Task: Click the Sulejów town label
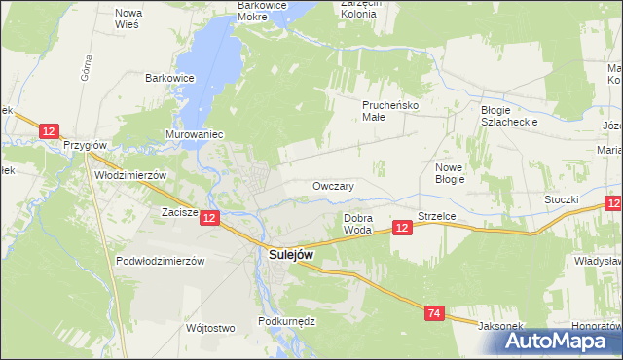point(291,255)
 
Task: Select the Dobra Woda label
point(358,224)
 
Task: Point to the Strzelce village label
point(438,215)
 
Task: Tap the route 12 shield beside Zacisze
point(210,219)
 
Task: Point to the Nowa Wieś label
point(128,18)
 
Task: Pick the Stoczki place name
point(562,199)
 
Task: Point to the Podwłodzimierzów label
point(160,261)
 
